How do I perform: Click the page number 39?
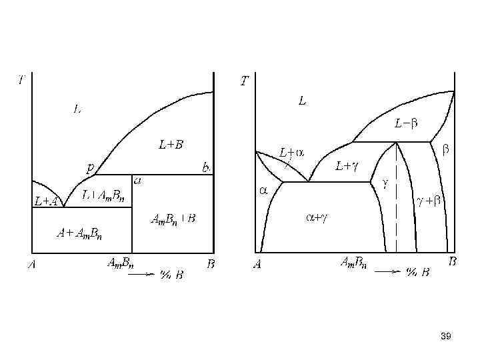(446, 337)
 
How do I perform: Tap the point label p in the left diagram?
(90, 167)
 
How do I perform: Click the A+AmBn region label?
(79, 233)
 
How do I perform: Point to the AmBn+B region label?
(173, 218)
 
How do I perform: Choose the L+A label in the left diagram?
(45, 201)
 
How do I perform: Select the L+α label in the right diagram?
(291, 153)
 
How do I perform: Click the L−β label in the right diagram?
(406, 123)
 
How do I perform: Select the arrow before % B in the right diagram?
(387, 271)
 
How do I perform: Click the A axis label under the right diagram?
(257, 265)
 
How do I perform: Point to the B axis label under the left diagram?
(211, 264)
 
